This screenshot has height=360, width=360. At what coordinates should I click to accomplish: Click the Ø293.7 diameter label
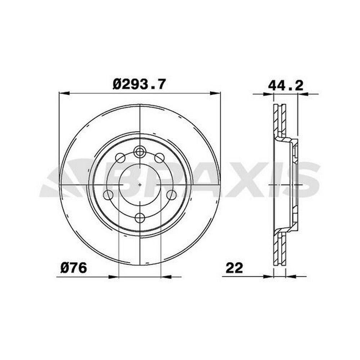tap(139, 84)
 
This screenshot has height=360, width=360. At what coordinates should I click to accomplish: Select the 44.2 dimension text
tap(285, 86)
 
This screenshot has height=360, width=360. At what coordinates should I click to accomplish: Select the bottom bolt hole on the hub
tap(140, 217)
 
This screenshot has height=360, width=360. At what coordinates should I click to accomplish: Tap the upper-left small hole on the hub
tap(120, 158)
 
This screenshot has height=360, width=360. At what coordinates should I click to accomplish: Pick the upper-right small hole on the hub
tap(159, 158)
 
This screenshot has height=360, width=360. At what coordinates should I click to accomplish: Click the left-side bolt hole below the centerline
tap(108, 195)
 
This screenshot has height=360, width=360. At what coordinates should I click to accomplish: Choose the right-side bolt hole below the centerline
tap(171, 195)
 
